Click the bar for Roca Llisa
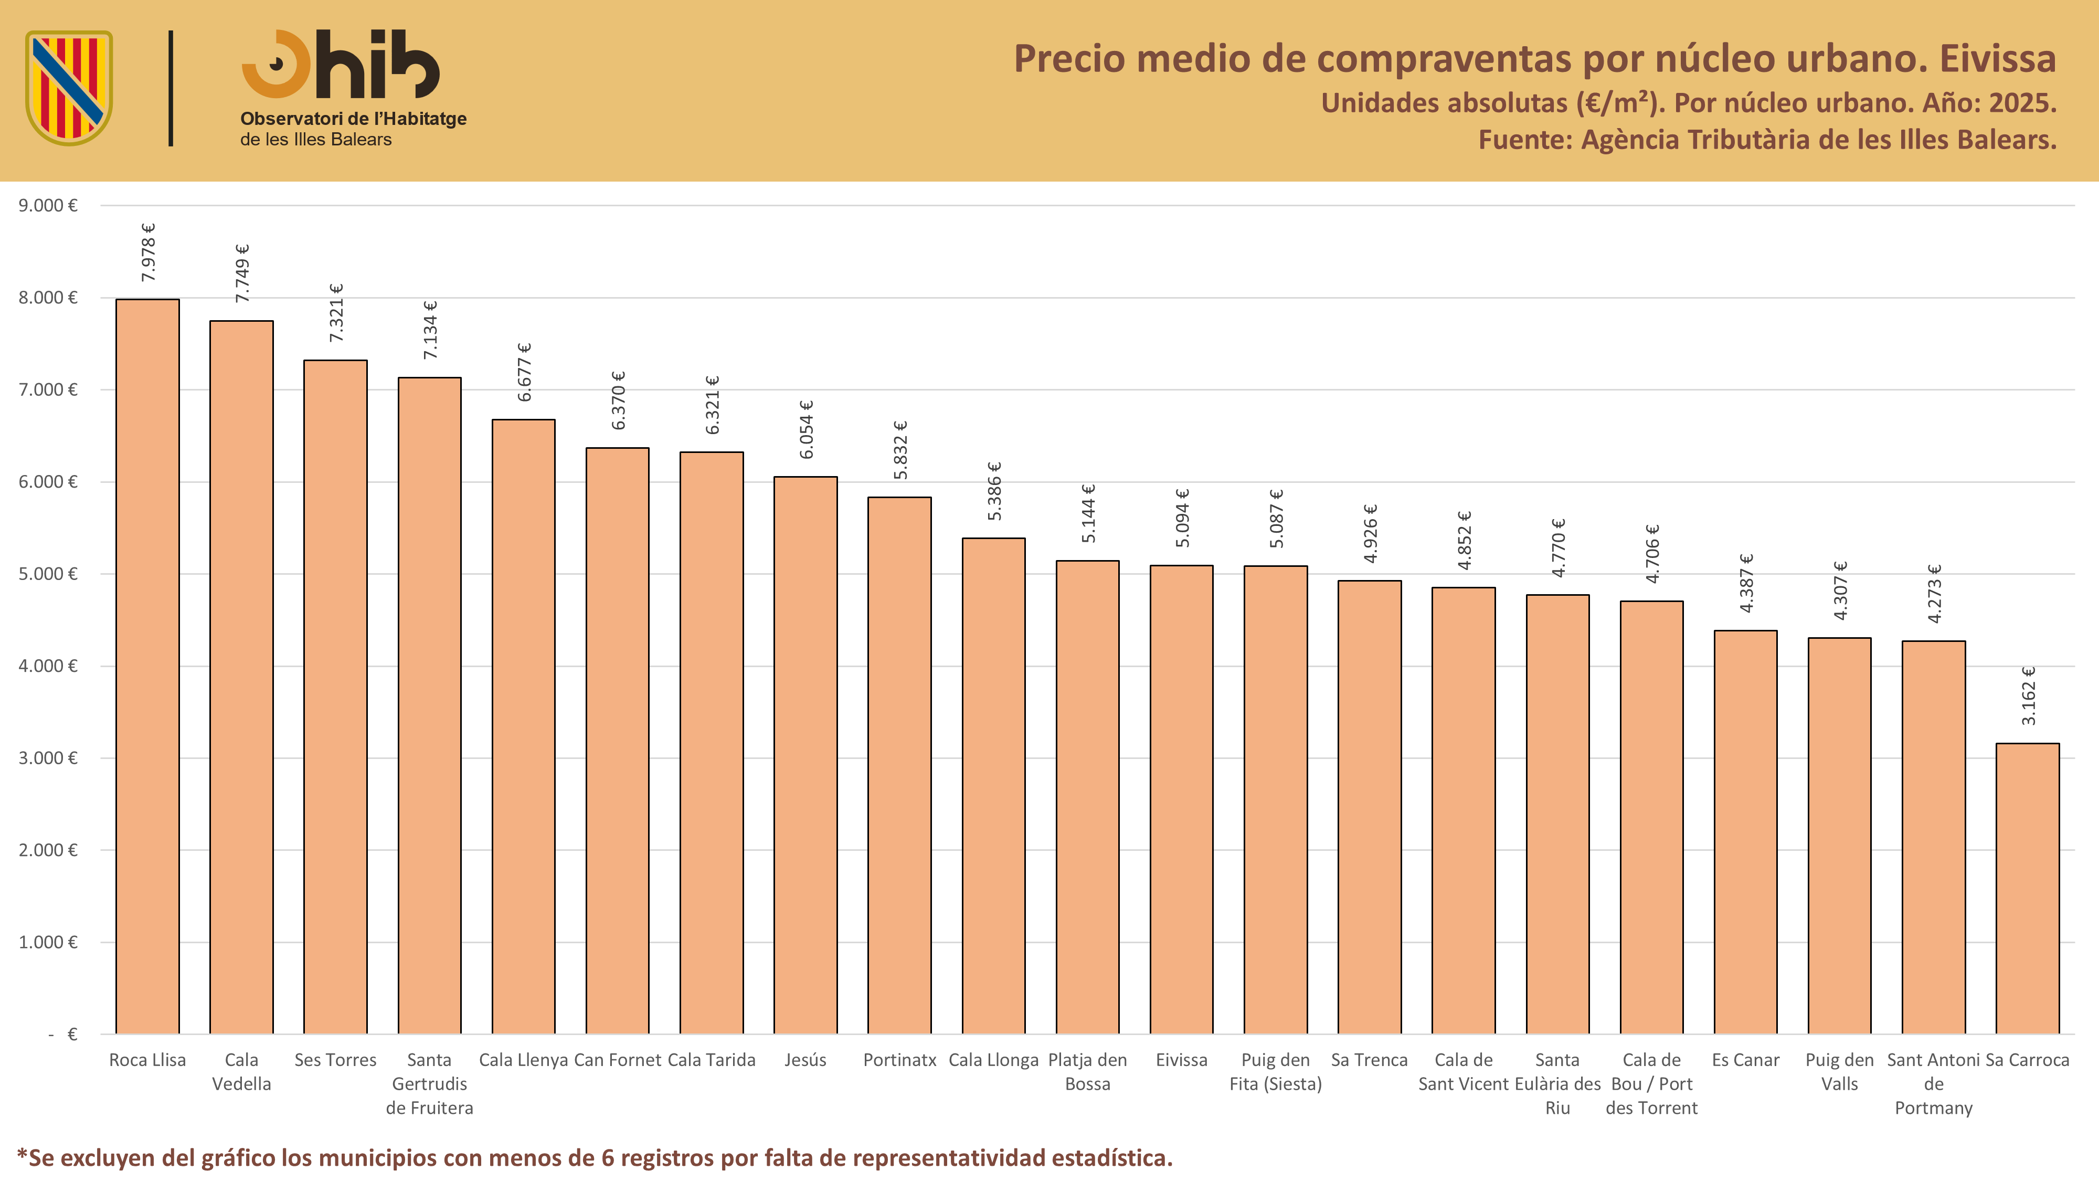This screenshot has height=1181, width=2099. [147, 667]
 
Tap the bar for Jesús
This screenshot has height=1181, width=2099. [805, 755]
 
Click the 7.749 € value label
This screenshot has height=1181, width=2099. [242, 273]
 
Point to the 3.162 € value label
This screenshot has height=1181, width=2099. [2028, 695]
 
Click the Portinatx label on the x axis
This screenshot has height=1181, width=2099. [899, 1060]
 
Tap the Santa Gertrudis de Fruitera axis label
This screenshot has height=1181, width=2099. [429, 1083]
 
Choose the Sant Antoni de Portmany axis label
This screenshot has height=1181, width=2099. [1934, 1083]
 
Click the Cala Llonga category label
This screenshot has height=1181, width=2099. [993, 1060]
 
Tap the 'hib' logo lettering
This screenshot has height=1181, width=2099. [378, 65]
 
